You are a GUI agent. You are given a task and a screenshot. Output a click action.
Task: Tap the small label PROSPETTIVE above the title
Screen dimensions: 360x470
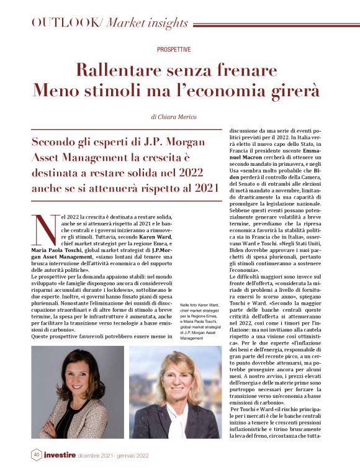click(x=174, y=49)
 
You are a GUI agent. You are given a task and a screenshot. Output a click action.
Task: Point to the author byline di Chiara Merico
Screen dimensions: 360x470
click(x=174, y=116)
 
